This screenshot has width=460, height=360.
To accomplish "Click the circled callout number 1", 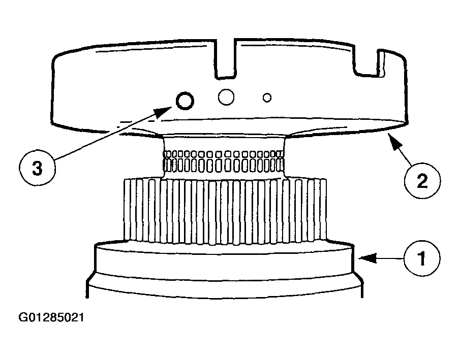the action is (x=421, y=258).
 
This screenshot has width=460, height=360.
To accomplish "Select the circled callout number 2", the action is (x=422, y=181).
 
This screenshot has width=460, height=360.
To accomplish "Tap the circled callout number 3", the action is (x=37, y=169).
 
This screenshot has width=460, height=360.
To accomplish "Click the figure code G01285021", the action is (x=51, y=317).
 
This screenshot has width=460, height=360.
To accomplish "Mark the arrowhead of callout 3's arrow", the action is (x=164, y=111).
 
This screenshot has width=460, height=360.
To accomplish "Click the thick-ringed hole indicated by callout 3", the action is (x=185, y=101).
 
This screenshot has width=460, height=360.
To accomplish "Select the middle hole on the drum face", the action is (x=226, y=97).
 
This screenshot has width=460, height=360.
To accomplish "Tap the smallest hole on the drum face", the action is (x=267, y=97).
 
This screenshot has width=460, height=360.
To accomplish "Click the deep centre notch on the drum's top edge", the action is (x=225, y=58).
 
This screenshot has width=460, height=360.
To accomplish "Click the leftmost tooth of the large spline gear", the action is (x=127, y=210).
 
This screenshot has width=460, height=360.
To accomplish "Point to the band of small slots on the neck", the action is (x=223, y=161).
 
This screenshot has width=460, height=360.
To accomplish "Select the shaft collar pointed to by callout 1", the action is (x=224, y=258).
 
